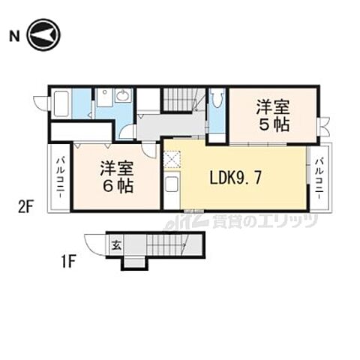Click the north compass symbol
tap(43, 34)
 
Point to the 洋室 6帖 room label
tap(117, 177)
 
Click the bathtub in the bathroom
tap(62, 103)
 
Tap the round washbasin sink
tap(124, 95)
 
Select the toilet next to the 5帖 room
tap(216, 100)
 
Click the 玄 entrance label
tap(117, 244)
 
